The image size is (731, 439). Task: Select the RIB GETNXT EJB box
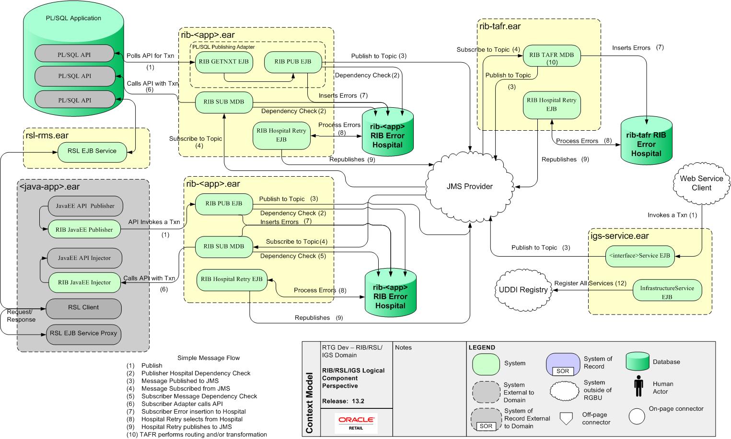[224, 62]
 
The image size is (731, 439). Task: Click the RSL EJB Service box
[92, 151]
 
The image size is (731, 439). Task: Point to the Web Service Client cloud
[701, 183]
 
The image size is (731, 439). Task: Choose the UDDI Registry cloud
[523, 290]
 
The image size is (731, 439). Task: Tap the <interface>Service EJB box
[639, 256]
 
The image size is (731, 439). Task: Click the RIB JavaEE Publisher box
[84, 230]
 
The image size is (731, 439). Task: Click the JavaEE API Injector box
[84, 258]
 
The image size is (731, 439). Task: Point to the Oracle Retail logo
[356, 423]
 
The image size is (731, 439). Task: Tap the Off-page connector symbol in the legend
[566, 418]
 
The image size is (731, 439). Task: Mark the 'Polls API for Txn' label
[150, 56]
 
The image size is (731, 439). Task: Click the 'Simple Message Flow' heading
[209, 358]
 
